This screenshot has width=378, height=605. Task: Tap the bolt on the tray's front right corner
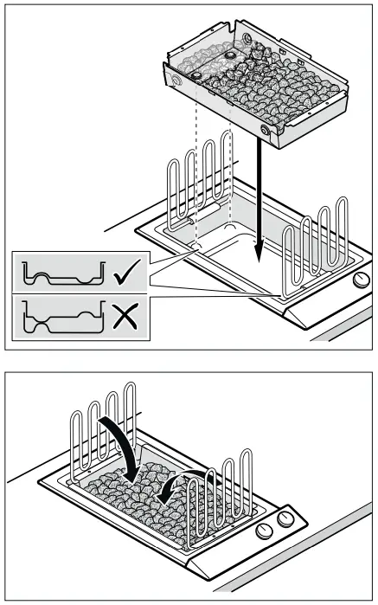(x=264, y=130)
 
